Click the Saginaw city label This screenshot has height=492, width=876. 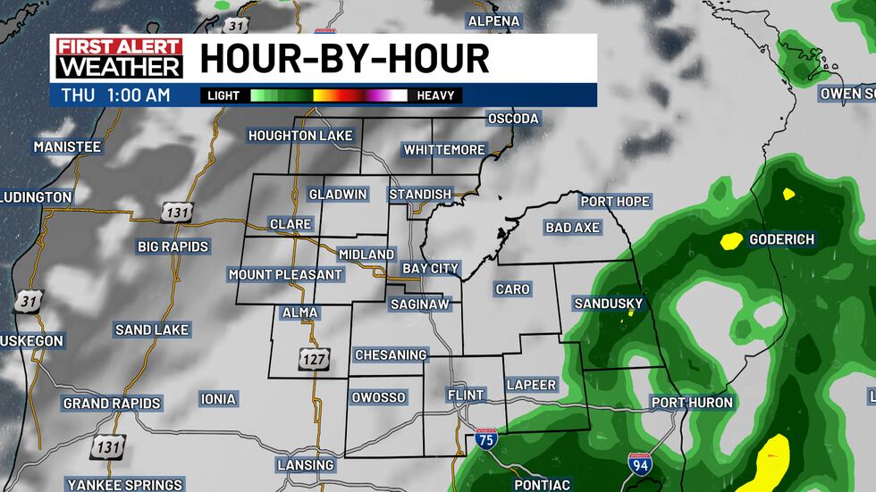pyautogui.click(x=425, y=304)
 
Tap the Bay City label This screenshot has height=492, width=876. pyautogui.click(x=430, y=268)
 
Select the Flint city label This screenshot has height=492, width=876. pyautogui.click(x=465, y=395)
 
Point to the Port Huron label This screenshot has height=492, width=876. pyautogui.click(x=692, y=403)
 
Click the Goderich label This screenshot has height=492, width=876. pyautogui.click(x=781, y=239)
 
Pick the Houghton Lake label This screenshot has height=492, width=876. pyautogui.click(x=300, y=136)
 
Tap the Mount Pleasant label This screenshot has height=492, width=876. pyautogui.click(x=285, y=274)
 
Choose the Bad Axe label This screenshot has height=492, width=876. pyautogui.click(x=572, y=228)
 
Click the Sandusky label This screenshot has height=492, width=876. pyautogui.click(x=608, y=304)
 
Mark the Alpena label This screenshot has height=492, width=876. pyautogui.click(x=493, y=21)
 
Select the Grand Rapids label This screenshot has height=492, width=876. pyautogui.click(x=112, y=404)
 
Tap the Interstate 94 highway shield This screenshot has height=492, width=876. pyautogui.click(x=637, y=462)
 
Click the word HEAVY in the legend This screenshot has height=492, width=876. pyautogui.click(x=435, y=96)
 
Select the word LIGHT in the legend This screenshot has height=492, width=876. pyautogui.click(x=223, y=96)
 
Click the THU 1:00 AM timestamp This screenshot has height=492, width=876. pyautogui.click(x=116, y=95)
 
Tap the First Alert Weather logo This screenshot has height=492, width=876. pyautogui.click(x=119, y=58)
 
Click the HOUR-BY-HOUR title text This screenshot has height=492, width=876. pyautogui.click(x=344, y=59)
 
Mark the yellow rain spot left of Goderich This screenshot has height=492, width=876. pyautogui.click(x=732, y=239)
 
